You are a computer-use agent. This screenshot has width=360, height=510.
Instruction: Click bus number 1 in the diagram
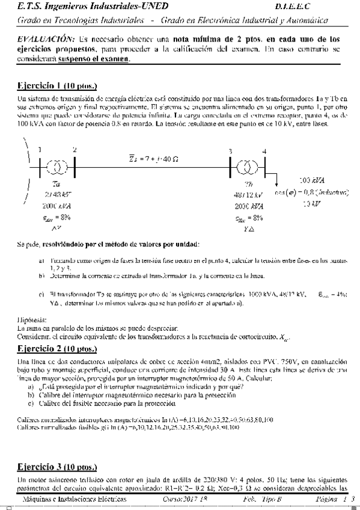click(40, 150)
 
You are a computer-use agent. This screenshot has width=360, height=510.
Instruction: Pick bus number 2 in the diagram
click(75, 150)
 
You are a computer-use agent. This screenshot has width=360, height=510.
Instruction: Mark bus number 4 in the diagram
click(264, 150)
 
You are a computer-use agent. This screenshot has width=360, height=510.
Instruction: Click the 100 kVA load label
click(312, 180)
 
